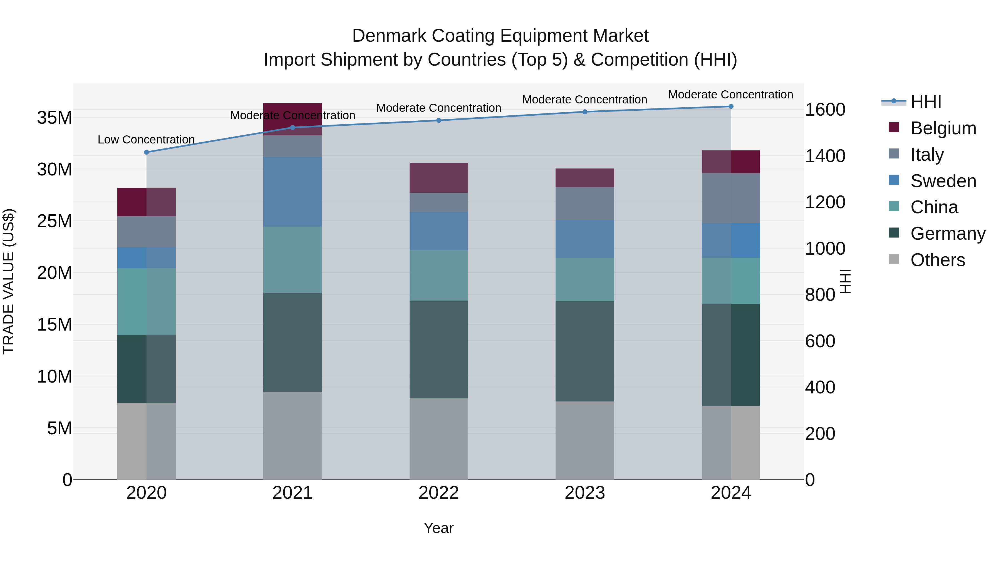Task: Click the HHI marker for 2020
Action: coord(147,152)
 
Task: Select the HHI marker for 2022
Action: coord(439,120)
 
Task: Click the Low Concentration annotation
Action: coord(146,140)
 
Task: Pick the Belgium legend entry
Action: coord(943,128)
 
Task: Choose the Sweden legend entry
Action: coord(943,181)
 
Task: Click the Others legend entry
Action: coord(937,260)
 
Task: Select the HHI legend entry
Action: coord(926,102)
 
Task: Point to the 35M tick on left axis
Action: coord(54,117)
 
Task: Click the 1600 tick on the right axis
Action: coord(825,110)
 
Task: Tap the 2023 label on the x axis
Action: coord(585,493)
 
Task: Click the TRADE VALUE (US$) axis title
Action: coord(9,281)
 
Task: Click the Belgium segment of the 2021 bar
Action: coord(293,119)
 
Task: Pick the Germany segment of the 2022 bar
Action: coord(439,349)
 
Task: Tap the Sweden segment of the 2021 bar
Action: coord(293,192)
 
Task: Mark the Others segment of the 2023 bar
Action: coord(585,440)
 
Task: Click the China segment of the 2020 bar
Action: coord(147,301)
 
